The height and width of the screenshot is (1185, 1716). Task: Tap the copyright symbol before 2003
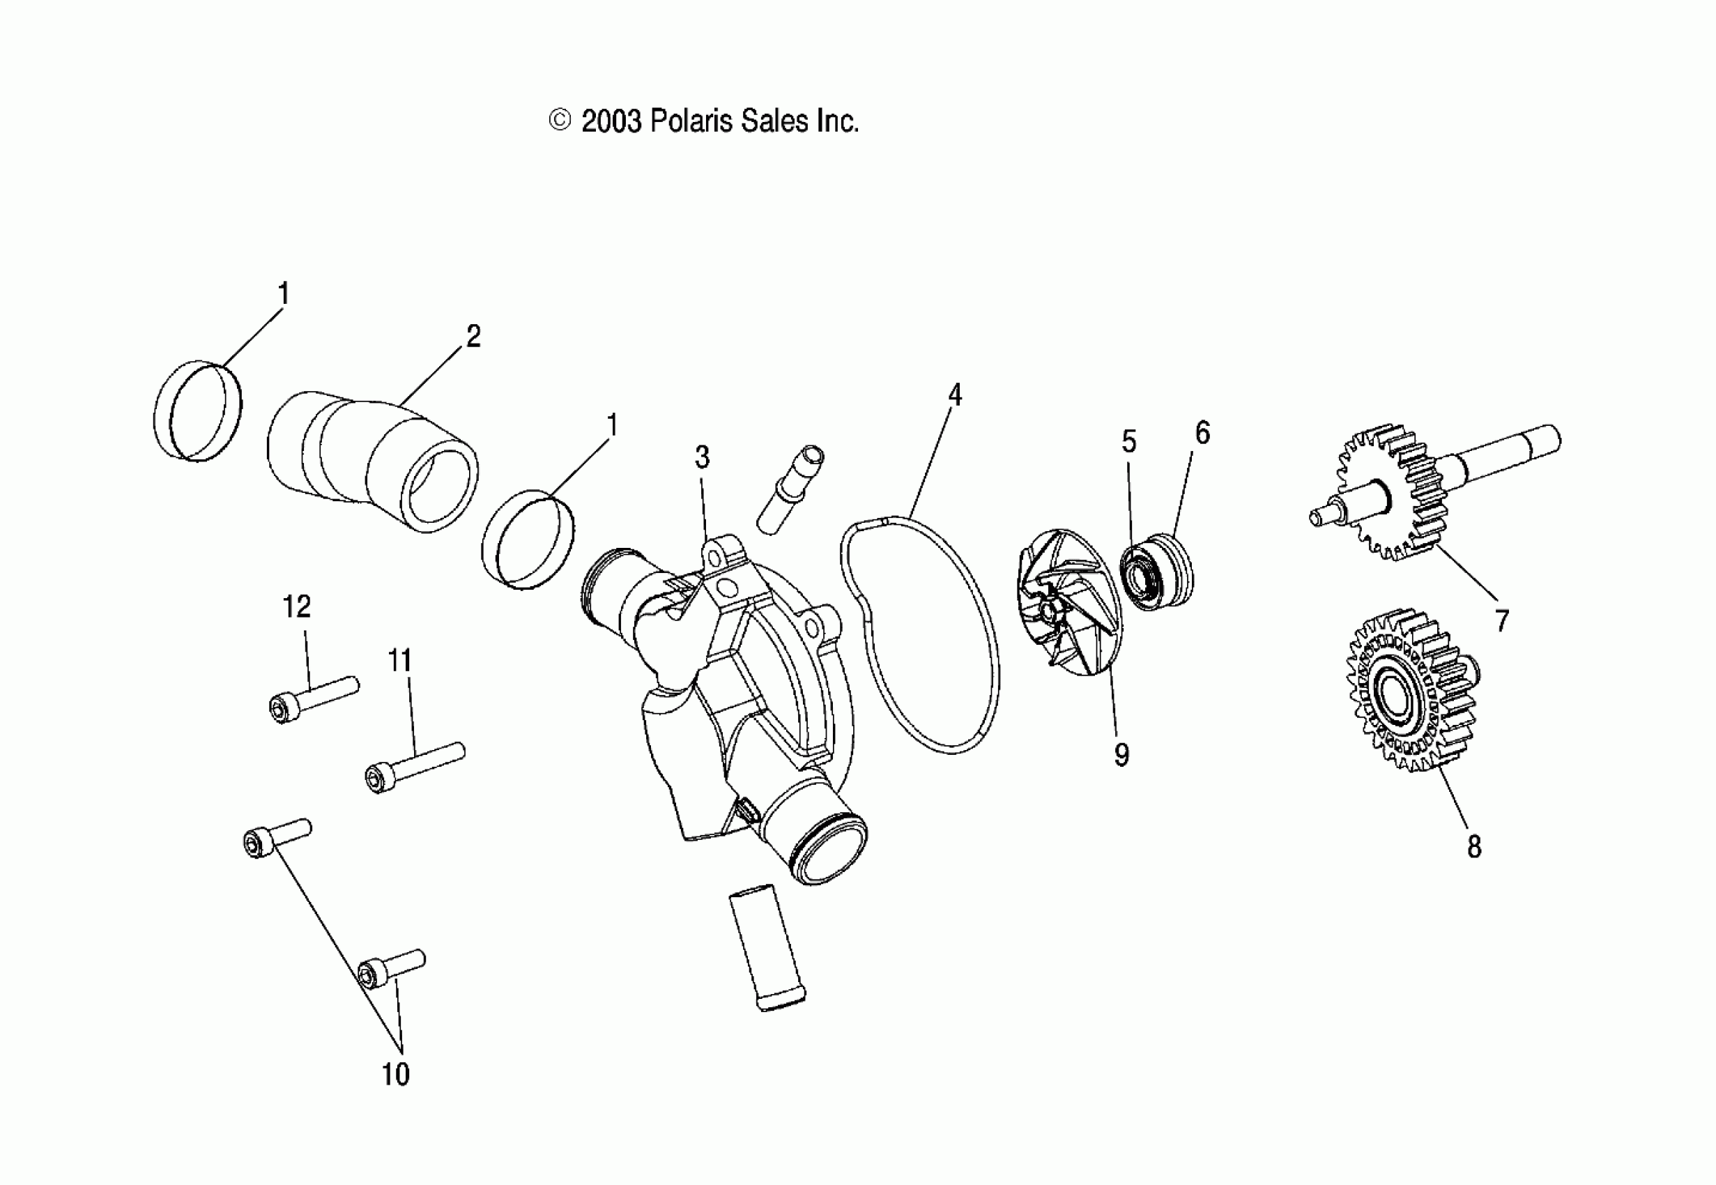tap(559, 121)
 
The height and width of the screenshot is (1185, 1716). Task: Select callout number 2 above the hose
tap(473, 337)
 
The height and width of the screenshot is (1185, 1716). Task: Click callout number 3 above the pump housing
tap(701, 457)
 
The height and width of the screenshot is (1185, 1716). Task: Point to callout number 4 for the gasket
tap(954, 395)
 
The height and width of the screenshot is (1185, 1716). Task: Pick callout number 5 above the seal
tap(1128, 442)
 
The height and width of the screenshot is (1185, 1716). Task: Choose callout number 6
tap(1202, 433)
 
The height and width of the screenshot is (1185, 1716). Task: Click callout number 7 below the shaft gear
tap(1502, 620)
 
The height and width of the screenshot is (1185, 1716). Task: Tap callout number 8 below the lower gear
tap(1474, 847)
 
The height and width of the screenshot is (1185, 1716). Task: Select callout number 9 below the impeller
tap(1121, 755)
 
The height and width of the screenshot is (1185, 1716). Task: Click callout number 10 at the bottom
tap(396, 1073)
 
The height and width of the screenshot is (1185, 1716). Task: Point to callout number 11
tap(400, 660)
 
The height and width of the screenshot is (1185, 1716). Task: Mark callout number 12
tap(297, 606)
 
